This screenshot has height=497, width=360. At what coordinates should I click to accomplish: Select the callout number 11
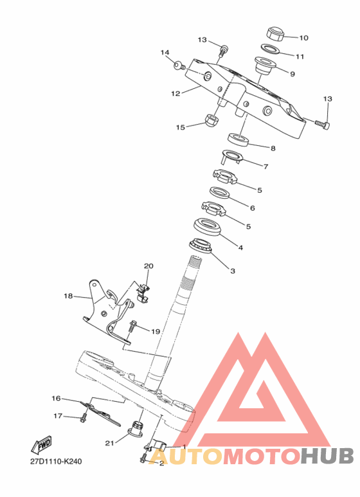click(x=300, y=57)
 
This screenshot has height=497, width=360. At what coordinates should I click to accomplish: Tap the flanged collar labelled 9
click(x=264, y=65)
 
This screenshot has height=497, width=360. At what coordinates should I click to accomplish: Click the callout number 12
click(x=175, y=93)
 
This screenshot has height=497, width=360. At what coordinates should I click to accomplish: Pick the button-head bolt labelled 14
click(x=180, y=66)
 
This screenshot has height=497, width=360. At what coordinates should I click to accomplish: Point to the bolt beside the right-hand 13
click(x=323, y=123)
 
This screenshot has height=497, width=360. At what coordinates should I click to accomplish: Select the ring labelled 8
click(x=239, y=140)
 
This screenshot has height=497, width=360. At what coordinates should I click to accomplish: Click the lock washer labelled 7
click(x=232, y=157)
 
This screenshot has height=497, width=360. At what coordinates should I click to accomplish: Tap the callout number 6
click(x=252, y=208)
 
